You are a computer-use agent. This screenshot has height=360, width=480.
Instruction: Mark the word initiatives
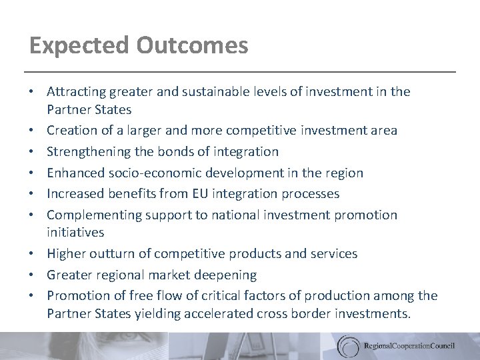pos(75,232)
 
